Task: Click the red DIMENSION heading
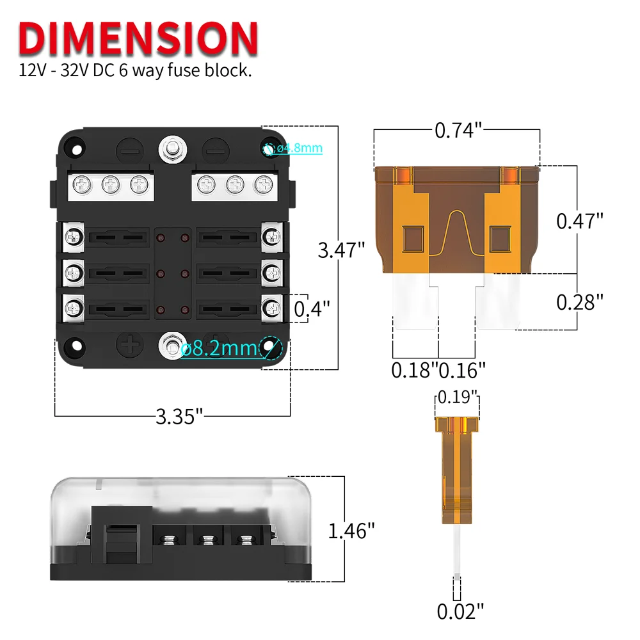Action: pyautogui.click(x=138, y=38)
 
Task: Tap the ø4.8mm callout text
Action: pyautogui.click(x=298, y=148)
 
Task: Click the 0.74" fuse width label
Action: pyautogui.click(x=458, y=131)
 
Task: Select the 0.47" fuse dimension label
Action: pyautogui.click(x=580, y=221)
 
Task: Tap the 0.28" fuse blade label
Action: pyautogui.click(x=580, y=302)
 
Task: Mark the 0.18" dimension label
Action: pyautogui.click(x=414, y=369)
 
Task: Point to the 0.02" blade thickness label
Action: pyautogui.click(x=457, y=611)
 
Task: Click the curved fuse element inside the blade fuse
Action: pyautogui.click(x=457, y=237)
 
